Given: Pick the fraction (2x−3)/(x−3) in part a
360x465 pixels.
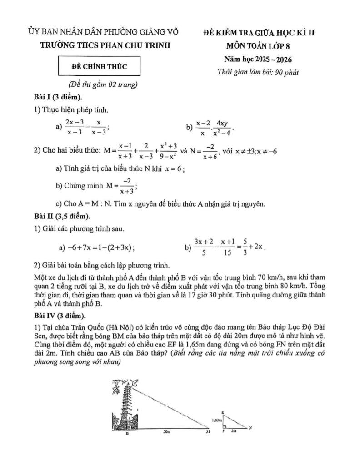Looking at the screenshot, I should coord(73,128).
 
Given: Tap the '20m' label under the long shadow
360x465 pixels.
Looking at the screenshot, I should coord(167,433).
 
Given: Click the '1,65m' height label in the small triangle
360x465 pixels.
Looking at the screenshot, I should coord(216,420).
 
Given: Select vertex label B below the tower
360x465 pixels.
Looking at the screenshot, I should coord(128,434).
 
